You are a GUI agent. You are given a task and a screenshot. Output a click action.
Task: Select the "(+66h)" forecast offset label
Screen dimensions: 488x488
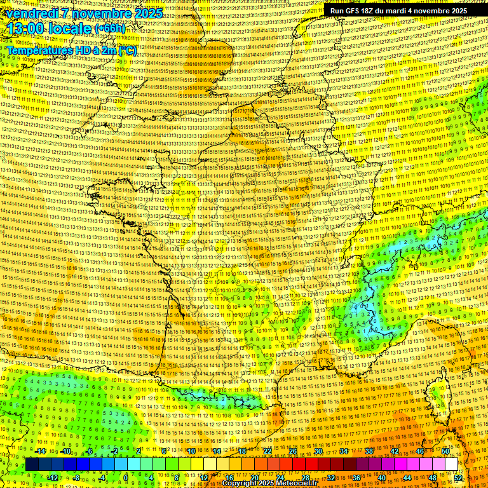110,29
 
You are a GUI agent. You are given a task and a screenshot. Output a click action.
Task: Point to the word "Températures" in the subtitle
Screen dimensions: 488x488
39,50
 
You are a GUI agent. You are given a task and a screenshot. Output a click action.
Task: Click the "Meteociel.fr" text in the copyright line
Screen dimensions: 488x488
295,484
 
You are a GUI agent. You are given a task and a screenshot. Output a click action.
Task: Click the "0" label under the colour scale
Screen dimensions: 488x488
126,477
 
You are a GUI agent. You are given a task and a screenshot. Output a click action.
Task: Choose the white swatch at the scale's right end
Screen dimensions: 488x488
451,464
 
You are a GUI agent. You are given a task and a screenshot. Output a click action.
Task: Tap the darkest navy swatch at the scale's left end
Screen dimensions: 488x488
32,464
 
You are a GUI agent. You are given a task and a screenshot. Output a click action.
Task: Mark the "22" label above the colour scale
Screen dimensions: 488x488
268,451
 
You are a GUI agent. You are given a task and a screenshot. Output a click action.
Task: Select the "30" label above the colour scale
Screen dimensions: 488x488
318,451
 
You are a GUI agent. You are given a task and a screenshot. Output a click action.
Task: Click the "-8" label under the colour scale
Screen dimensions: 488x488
76,477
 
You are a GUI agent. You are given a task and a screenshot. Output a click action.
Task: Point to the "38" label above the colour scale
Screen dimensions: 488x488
369,451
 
